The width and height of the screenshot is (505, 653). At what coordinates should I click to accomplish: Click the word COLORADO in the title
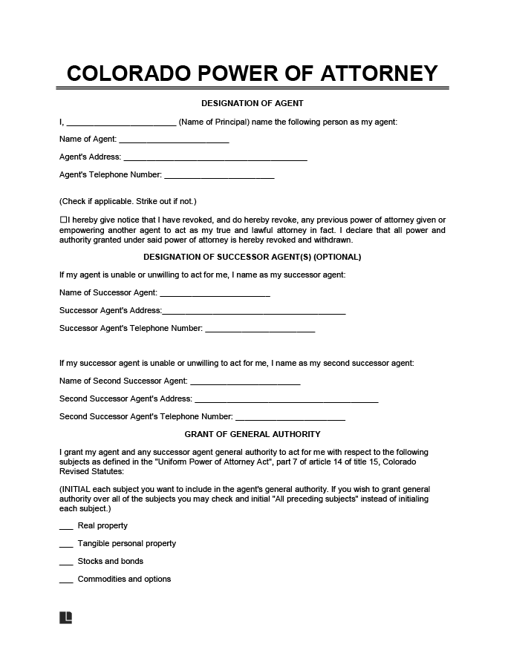(127, 73)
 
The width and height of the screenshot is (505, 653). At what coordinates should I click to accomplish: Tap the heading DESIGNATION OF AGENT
(252, 103)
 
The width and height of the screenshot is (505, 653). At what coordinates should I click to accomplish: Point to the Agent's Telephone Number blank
(219, 177)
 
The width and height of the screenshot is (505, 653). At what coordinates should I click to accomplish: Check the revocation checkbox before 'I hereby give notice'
(62, 220)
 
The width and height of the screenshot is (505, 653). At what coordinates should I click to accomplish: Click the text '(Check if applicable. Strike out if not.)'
(128, 201)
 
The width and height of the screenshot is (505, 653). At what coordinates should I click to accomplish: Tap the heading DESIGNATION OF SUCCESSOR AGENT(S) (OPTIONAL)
(252, 257)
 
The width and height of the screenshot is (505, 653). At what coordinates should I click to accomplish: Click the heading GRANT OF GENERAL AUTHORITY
(252, 434)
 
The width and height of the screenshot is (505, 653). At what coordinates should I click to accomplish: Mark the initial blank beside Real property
(65, 528)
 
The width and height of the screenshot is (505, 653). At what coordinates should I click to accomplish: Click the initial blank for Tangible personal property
(65, 545)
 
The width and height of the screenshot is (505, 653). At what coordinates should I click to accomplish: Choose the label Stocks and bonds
(111, 561)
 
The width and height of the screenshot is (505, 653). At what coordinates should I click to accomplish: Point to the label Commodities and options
(124, 579)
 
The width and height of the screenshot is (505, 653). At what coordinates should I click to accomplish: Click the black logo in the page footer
(65, 617)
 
